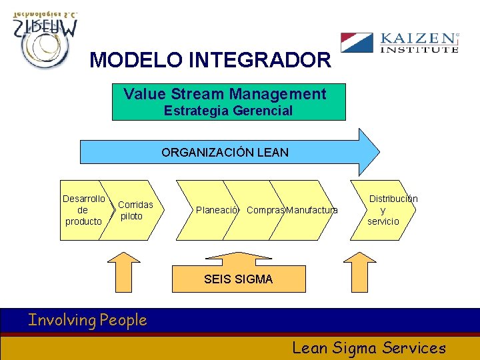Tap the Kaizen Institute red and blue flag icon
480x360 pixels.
[357, 43]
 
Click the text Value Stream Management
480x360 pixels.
[225, 94]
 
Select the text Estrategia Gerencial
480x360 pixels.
[228, 111]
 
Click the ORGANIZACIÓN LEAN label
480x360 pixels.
[225, 152]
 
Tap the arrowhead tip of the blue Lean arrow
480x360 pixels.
[378, 151]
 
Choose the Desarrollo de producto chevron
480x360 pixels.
[83, 210]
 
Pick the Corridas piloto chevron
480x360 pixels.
[135, 210]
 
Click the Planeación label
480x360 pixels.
[217, 210]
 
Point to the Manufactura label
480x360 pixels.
[312, 210]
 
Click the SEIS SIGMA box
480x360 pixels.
[238, 279]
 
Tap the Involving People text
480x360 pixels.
[87, 320]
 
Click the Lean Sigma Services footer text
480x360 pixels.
[369, 347]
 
